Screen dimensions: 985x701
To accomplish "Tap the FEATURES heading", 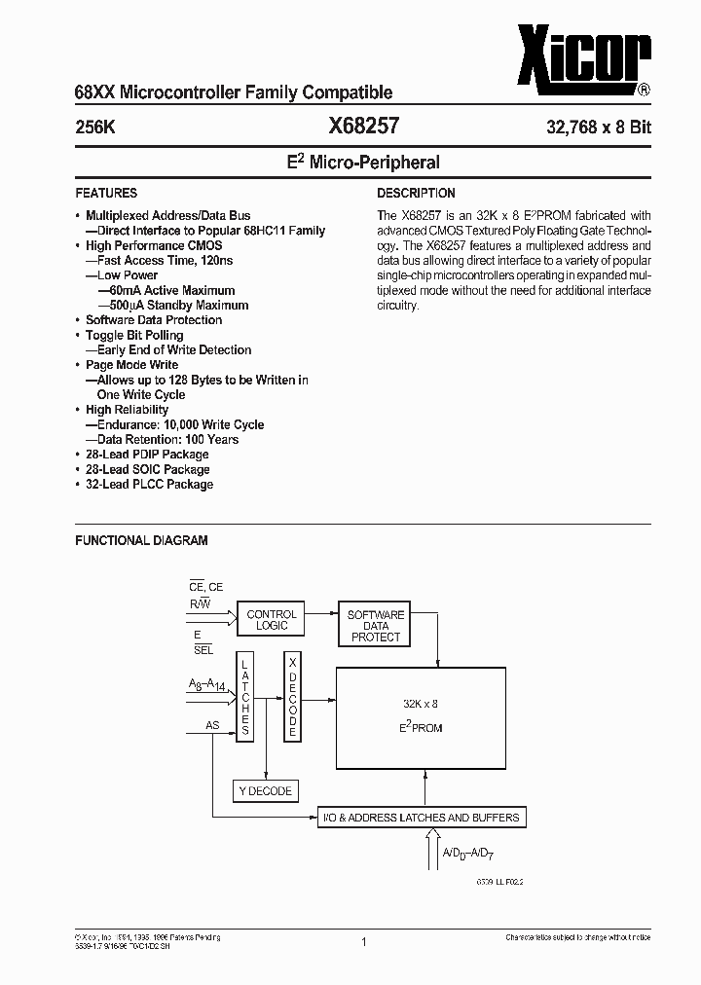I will click(x=106, y=193).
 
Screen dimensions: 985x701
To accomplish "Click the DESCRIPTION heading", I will click(x=416, y=193).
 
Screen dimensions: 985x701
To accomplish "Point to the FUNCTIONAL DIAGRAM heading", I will click(x=141, y=540).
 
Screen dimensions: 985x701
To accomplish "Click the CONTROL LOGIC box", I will click(x=272, y=620).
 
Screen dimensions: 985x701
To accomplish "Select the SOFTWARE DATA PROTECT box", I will click(x=376, y=626).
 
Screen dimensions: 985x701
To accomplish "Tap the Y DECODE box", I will click(x=264, y=791).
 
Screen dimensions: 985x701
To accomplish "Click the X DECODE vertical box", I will click(x=292, y=695).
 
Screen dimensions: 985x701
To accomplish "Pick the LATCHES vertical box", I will click(x=246, y=695).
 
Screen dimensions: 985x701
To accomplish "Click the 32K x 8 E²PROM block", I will click(x=421, y=714).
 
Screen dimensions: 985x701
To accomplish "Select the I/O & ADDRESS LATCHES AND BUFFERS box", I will click(x=421, y=818).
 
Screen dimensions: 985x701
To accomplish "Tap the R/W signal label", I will click(x=200, y=604).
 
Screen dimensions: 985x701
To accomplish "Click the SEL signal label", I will click(x=203, y=649).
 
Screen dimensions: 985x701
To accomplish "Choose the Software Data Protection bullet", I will click(x=153, y=320).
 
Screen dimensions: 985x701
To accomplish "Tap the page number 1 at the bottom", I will click(x=362, y=942).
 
